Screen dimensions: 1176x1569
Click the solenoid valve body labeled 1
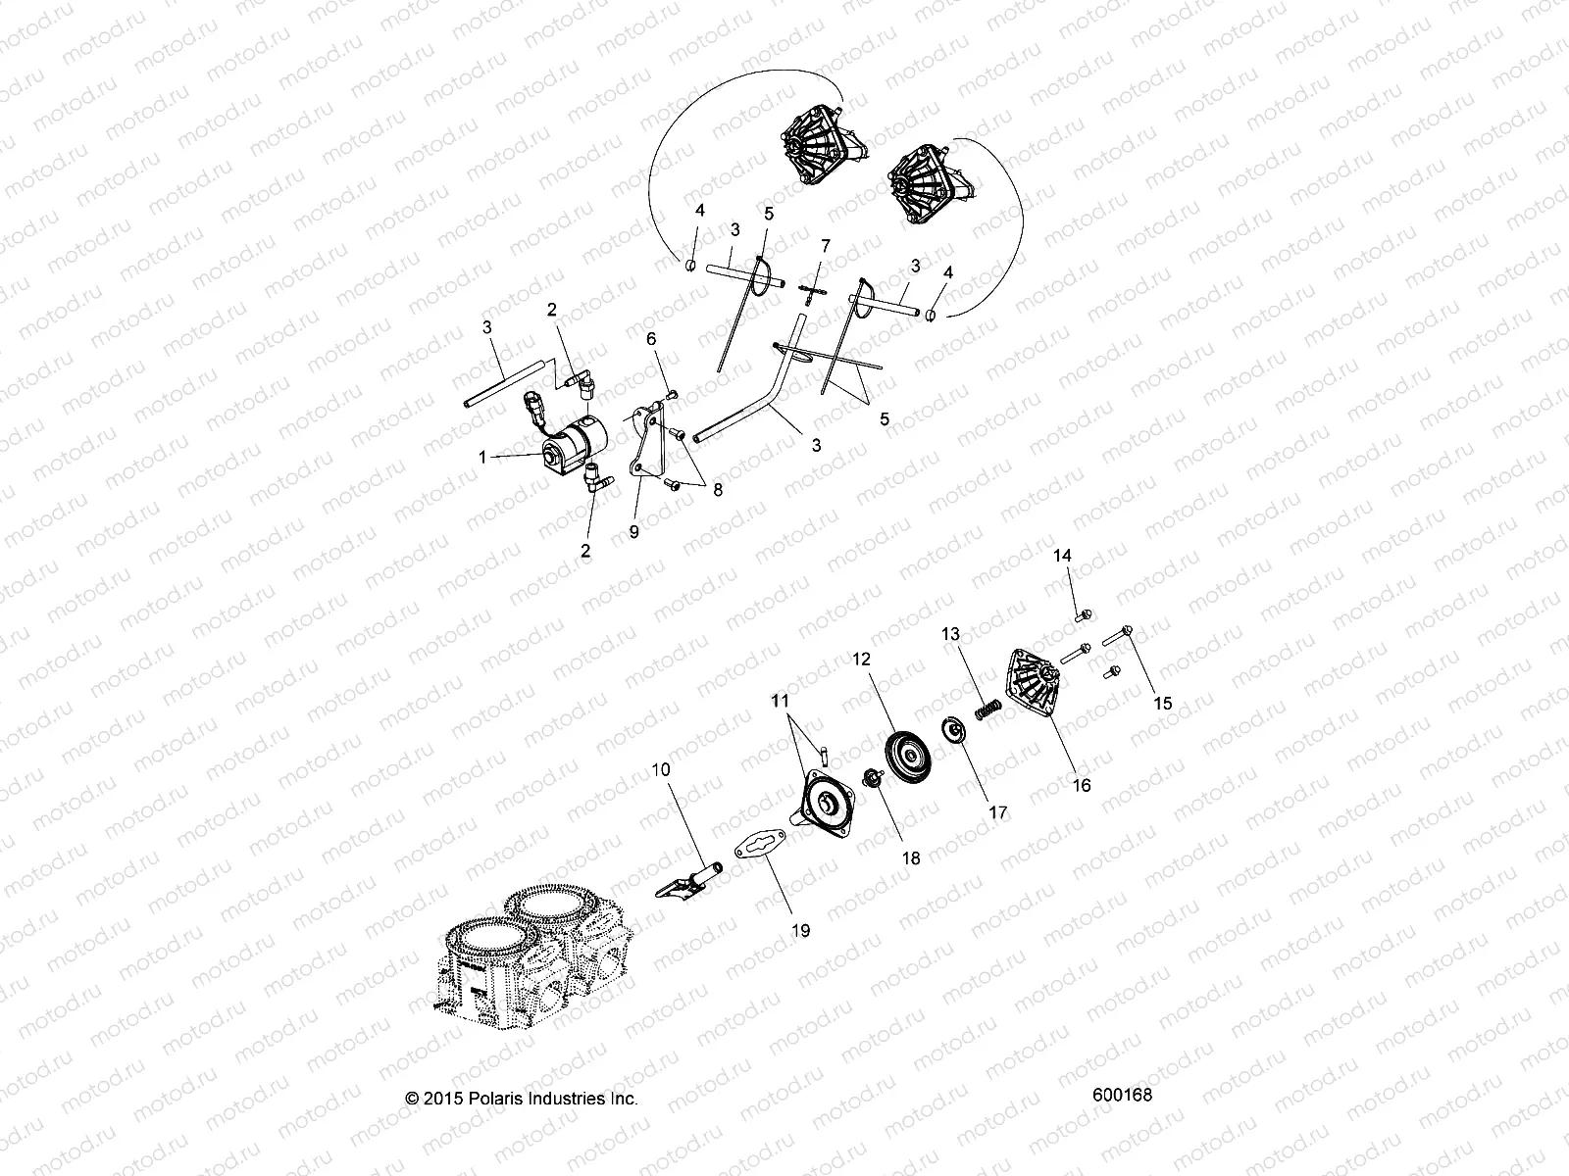(x=567, y=450)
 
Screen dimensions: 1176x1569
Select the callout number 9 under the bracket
(x=633, y=531)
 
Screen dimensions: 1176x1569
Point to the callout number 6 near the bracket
(x=650, y=338)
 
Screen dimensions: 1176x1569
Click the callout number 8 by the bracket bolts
(x=718, y=490)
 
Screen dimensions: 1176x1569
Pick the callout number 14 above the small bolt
(x=1063, y=556)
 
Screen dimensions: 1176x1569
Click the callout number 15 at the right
(x=1162, y=704)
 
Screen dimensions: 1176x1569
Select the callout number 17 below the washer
(x=997, y=812)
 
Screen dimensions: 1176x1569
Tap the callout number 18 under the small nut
(x=911, y=857)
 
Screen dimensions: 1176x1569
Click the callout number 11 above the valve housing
(x=780, y=702)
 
